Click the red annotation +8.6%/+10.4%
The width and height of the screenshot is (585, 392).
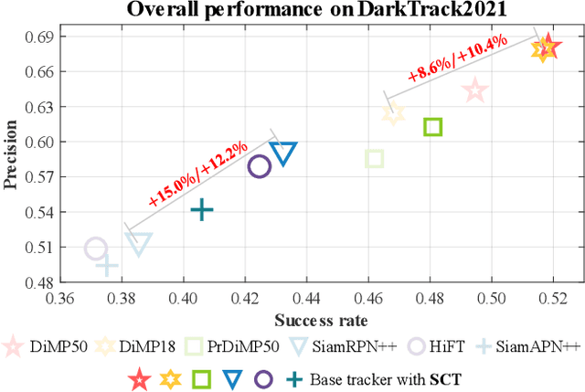(459, 62)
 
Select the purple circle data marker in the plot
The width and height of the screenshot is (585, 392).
(260, 166)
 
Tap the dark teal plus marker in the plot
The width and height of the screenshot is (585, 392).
(202, 211)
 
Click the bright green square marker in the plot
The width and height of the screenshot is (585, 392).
(433, 127)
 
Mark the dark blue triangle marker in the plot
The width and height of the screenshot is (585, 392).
(284, 154)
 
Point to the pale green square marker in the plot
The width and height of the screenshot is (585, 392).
(374, 159)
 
